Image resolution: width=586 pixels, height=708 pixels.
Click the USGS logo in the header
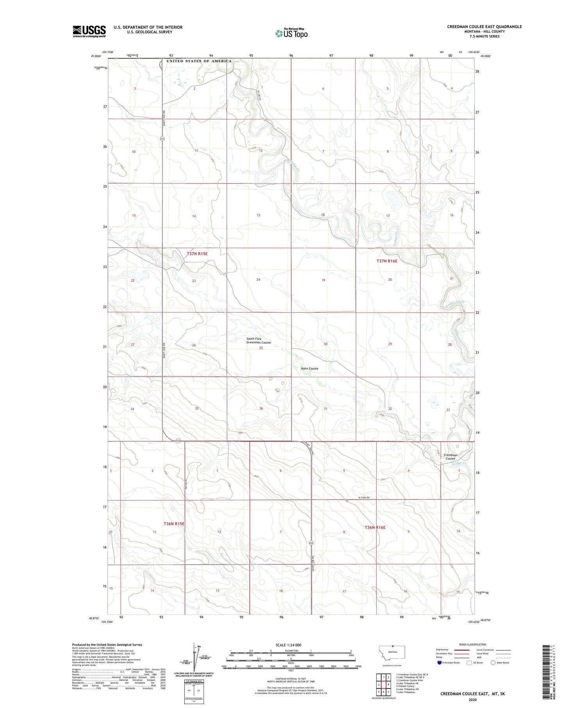pyautogui.click(x=89, y=31)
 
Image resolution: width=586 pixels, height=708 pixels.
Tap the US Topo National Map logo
pyautogui.click(x=291, y=34)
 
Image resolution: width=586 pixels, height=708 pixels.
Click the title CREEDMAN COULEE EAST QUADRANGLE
pyautogui.click(x=484, y=27)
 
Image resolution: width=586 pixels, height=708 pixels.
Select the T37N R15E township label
pyautogui.click(x=197, y=254)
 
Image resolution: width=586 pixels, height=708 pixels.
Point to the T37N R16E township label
pyautogui.click(x=387, y=261)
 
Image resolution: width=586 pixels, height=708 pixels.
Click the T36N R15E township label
pyautogui.click(x=174, y=524)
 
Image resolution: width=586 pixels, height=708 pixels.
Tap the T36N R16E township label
pyautogui.click(x=375, y=528)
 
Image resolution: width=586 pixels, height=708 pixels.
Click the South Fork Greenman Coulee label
pyautogui.click(x=258, y=341)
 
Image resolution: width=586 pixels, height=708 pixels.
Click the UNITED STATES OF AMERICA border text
pyautogui.click(x=199, y=61)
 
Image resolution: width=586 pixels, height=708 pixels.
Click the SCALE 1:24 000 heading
pyautogui.click(x=291, y=645)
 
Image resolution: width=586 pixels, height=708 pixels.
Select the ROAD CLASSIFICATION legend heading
pyautogui.click(x=473, y=644)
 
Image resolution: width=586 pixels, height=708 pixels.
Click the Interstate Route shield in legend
pyautogui.click(x=440, y=663)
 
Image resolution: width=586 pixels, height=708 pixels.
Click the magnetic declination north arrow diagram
pyautogui.click(x=194, y=657)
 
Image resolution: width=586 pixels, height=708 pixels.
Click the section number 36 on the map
pyautogui.click(x=261, y=408)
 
